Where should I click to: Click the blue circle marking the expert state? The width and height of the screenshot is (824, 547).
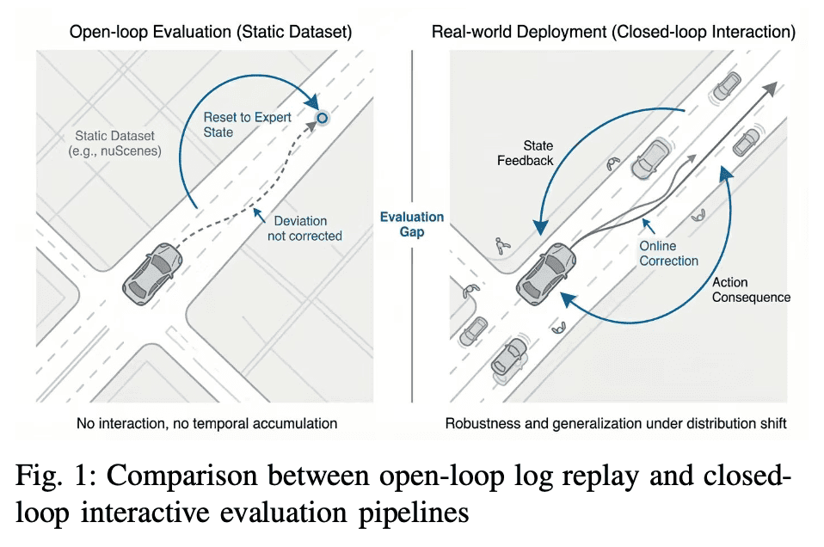tap(323, 118)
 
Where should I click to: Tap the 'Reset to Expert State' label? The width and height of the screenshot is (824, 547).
tap(247, 125)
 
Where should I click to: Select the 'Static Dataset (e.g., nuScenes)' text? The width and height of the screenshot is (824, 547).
tap(114, 144)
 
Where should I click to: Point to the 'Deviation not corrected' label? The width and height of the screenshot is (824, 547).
tap(304, 229)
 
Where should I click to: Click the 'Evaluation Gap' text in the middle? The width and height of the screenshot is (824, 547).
tap(412, 224)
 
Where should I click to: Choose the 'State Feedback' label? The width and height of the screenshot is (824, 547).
tap(525, 153)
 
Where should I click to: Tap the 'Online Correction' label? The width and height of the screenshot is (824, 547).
tap(668, 253)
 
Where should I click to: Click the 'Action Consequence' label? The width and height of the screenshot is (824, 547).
tap(751, 290)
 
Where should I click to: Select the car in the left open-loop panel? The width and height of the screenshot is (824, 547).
tap(152, 273)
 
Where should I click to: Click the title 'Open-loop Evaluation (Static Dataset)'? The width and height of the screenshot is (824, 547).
tap(211, 32)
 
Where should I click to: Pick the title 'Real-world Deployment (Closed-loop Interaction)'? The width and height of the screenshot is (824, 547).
tap(613, 32)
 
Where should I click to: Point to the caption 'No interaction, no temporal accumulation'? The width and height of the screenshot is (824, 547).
tap(207, 423)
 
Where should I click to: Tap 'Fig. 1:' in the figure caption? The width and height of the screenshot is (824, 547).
tap(56, 475)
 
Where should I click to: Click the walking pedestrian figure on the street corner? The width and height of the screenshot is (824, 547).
tap(502, 246)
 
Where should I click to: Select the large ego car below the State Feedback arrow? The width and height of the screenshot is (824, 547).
tap(546, 273)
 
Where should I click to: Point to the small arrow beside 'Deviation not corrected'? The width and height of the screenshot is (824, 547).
tap(260, 215)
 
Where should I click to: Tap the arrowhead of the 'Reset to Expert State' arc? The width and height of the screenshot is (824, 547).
tap(313, 101)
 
